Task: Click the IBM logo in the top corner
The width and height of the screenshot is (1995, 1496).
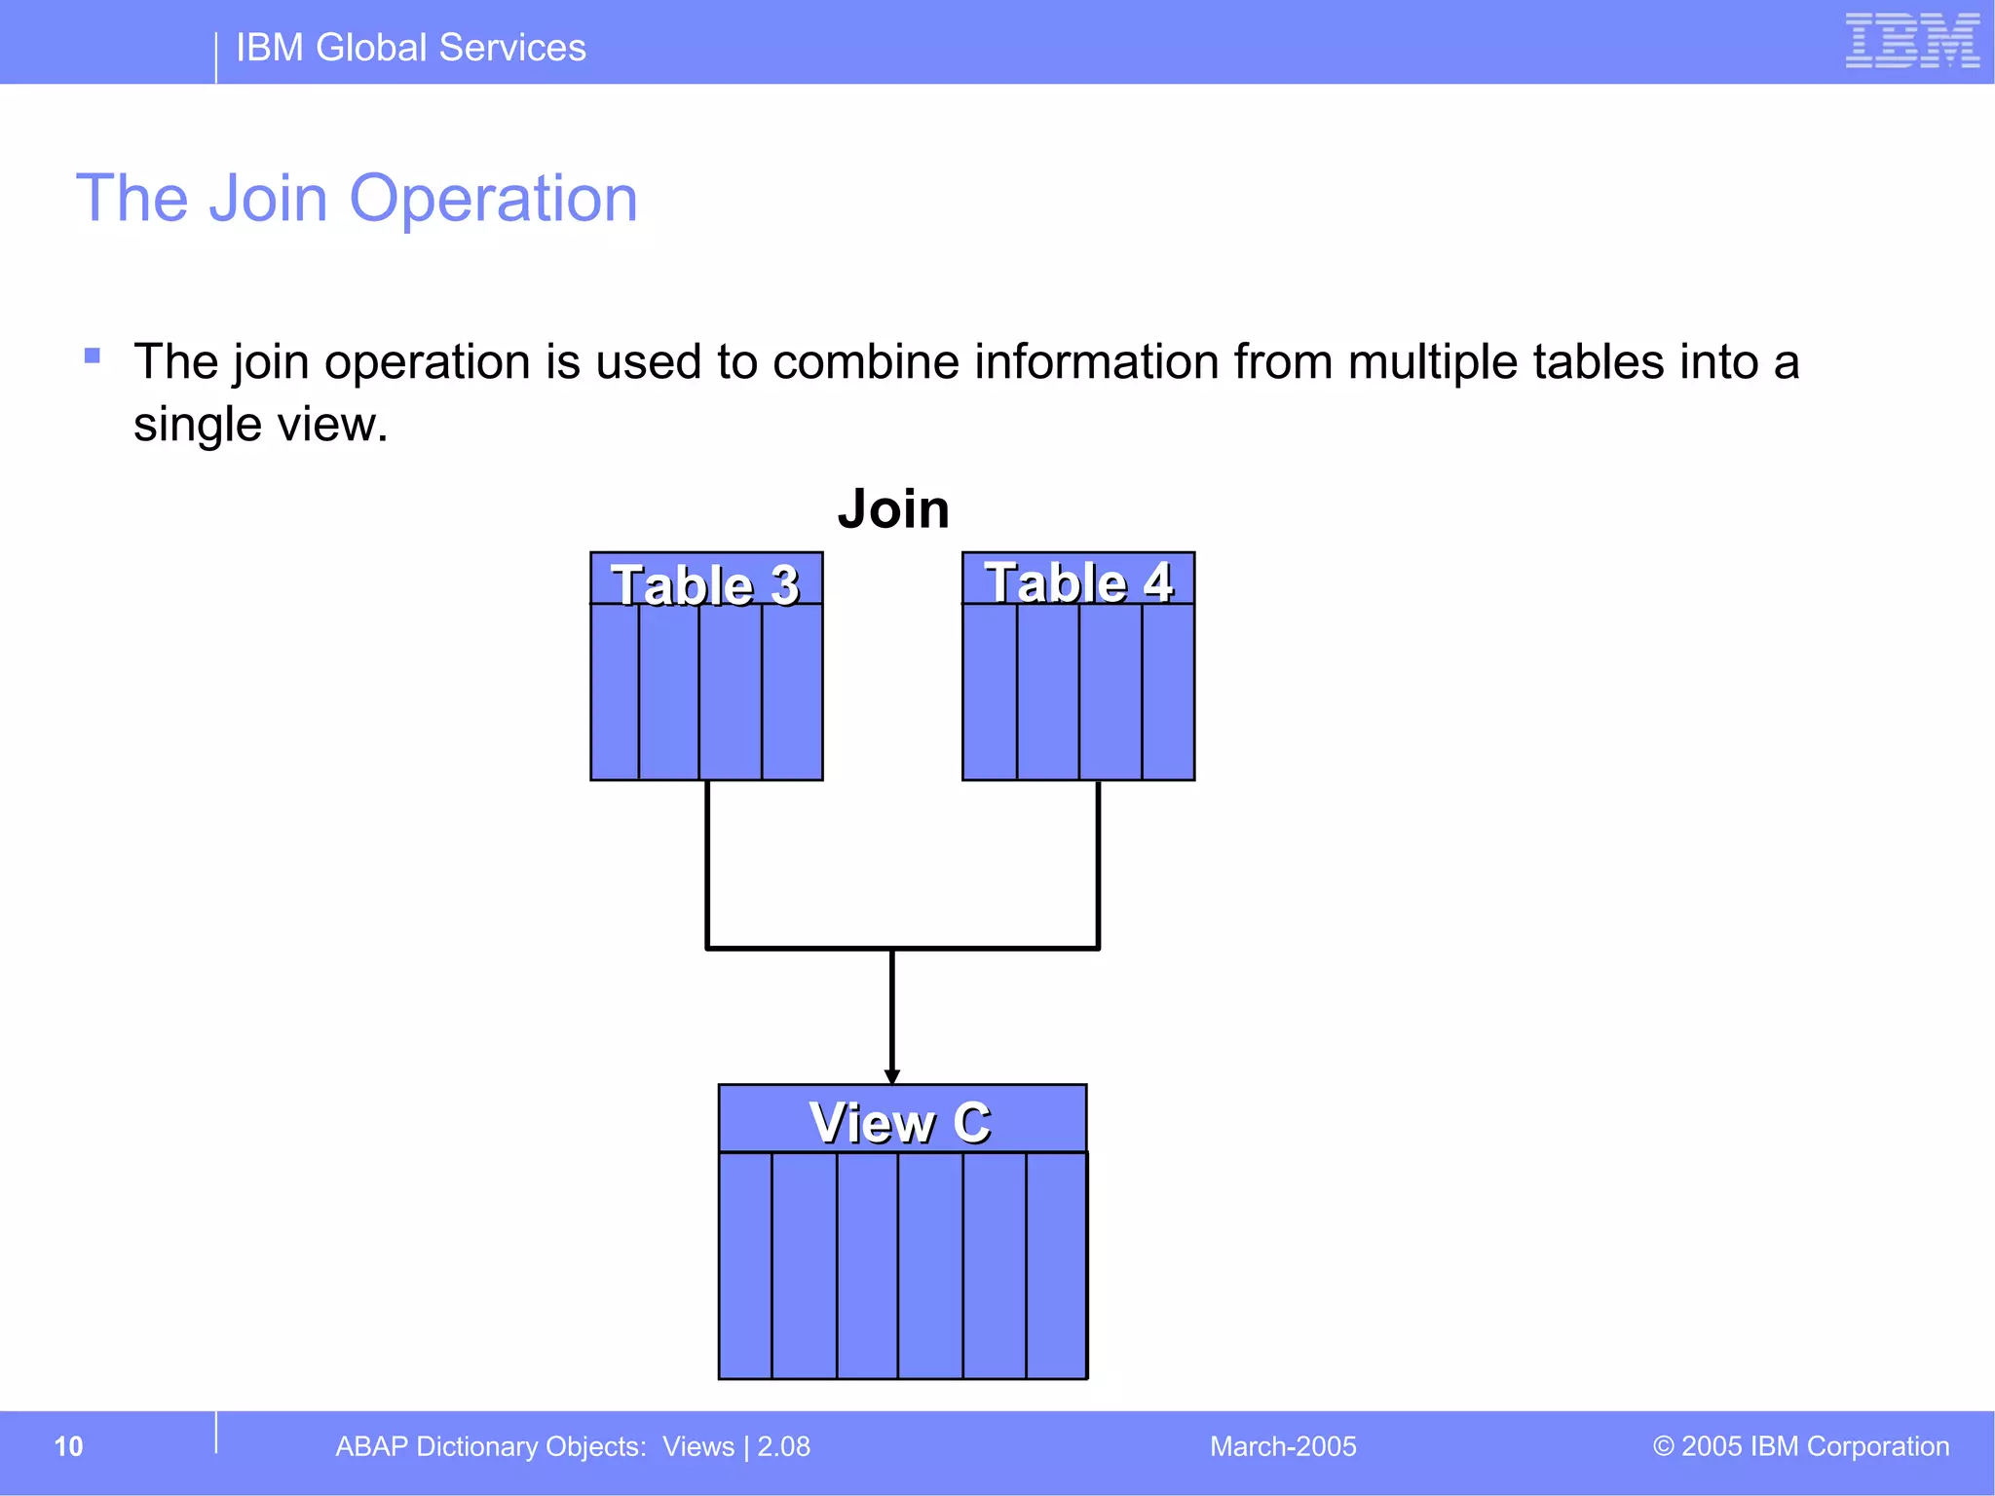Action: (x=1911, y=41)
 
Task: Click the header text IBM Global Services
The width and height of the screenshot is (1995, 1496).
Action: (x=410, y=48)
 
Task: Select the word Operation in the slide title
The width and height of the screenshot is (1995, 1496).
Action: (x=493, y=199)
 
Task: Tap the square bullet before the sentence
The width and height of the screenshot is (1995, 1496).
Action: (x=93, y=355)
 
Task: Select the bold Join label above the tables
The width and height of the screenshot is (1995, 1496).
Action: (x=893, y=508)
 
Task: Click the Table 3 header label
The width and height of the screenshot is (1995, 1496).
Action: (x=705, y=584)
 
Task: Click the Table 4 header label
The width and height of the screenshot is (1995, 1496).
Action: (x=1078, y=582)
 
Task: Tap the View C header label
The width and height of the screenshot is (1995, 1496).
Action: (x=900, y=1122)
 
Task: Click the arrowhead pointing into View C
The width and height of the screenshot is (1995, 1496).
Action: (x=891, y=1075)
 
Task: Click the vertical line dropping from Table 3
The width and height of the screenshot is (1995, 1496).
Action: (x=707, y=862)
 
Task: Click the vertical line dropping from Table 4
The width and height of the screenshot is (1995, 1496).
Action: (x=1098, y=862)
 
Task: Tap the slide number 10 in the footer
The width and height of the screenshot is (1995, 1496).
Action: (x=68, y=1446)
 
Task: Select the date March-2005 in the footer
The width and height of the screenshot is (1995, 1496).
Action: (x=1283, y=1446)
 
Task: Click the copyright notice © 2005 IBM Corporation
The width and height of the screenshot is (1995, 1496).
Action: (x=1800, y=1446)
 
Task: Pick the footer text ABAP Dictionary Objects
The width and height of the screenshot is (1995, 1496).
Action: (x=490, y=1446)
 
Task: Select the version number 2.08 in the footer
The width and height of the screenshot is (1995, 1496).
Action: (x=784, y=1446)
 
